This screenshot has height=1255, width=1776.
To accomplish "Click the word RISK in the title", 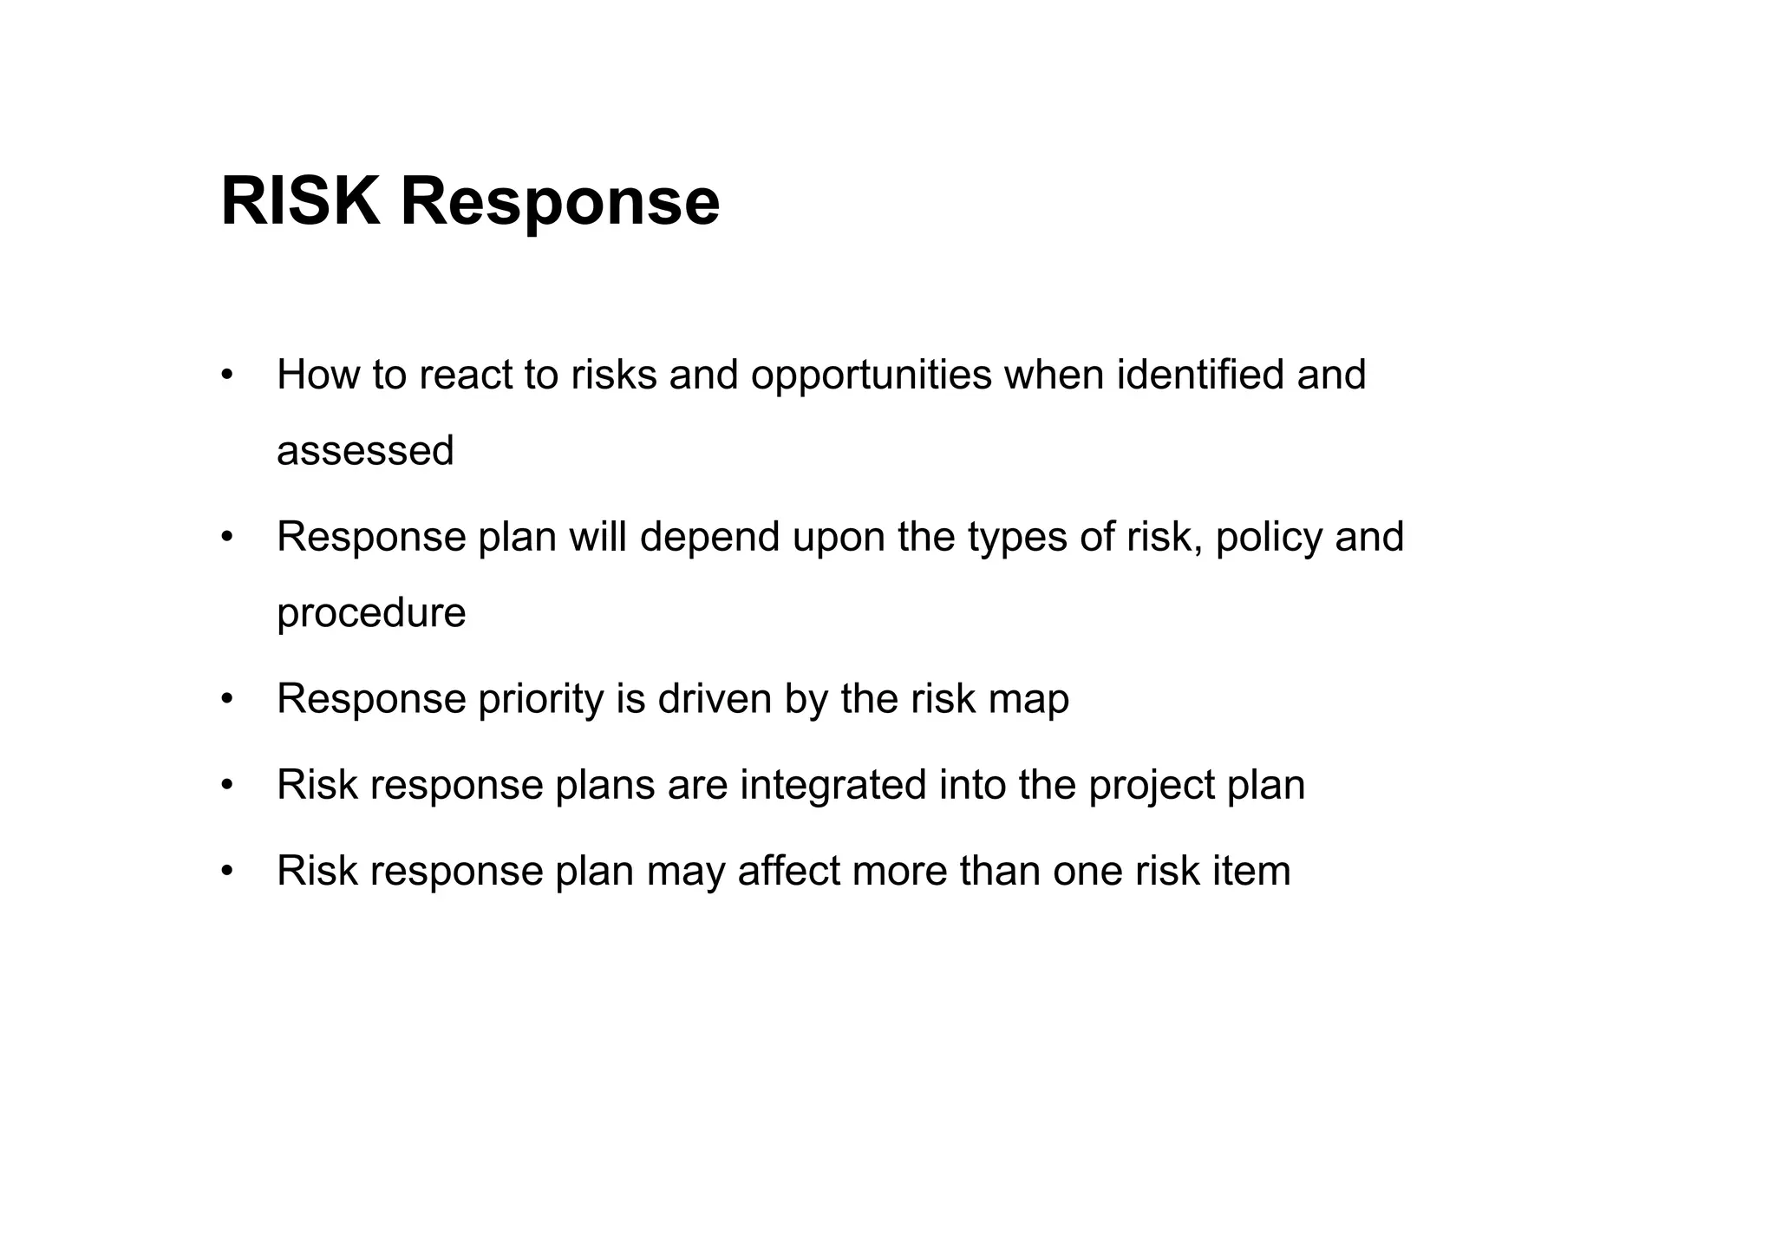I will [300, 202].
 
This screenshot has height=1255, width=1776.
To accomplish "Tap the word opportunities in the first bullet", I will [871, 376].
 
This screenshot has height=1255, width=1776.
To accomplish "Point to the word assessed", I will [365, 451].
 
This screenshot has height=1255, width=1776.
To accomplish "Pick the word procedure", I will [371, 614].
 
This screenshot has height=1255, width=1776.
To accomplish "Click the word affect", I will [788, 871].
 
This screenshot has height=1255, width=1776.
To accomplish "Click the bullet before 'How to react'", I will [227, 376].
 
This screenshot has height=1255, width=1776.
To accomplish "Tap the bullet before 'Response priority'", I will [227, 699].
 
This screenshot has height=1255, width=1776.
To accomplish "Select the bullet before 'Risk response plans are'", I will [227, 785].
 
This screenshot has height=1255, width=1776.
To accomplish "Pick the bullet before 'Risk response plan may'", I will [227, 871].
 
